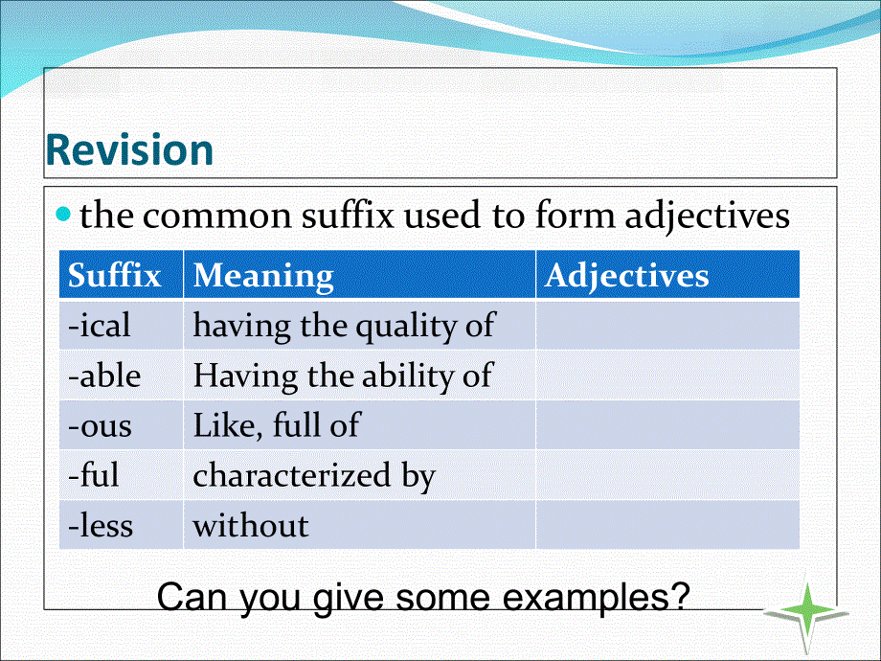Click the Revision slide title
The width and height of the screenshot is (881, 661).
click(x=129, y=151)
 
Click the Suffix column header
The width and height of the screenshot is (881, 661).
click(x=115, y=276)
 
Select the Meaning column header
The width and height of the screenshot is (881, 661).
click(x=263, y=276)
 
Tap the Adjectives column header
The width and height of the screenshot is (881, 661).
click(x=627, y=276)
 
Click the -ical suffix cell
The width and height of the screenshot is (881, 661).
click(x=100, y=326)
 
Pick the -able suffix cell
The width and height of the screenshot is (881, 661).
click(x=104, y=376)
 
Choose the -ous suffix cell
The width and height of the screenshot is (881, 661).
click(x=101, y=425)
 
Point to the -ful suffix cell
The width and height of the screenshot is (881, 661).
click(x=94, y=475)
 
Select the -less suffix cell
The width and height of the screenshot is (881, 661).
click(x=101, y=525)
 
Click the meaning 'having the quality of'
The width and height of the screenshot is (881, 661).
click(x=344, y=326)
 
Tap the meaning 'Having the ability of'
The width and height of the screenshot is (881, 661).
click(x=343, y=376)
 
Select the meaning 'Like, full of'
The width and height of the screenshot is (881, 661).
click(x=276, y=425)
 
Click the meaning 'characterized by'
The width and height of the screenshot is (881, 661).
click(x=314, y=476)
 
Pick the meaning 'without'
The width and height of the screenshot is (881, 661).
click(x=251, y=525)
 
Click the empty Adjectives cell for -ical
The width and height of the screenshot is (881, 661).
click(x=667, y=326)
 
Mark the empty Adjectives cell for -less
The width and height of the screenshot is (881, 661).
click(x=667, y=525)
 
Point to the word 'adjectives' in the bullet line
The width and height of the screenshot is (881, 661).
click(x=708, y=217)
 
